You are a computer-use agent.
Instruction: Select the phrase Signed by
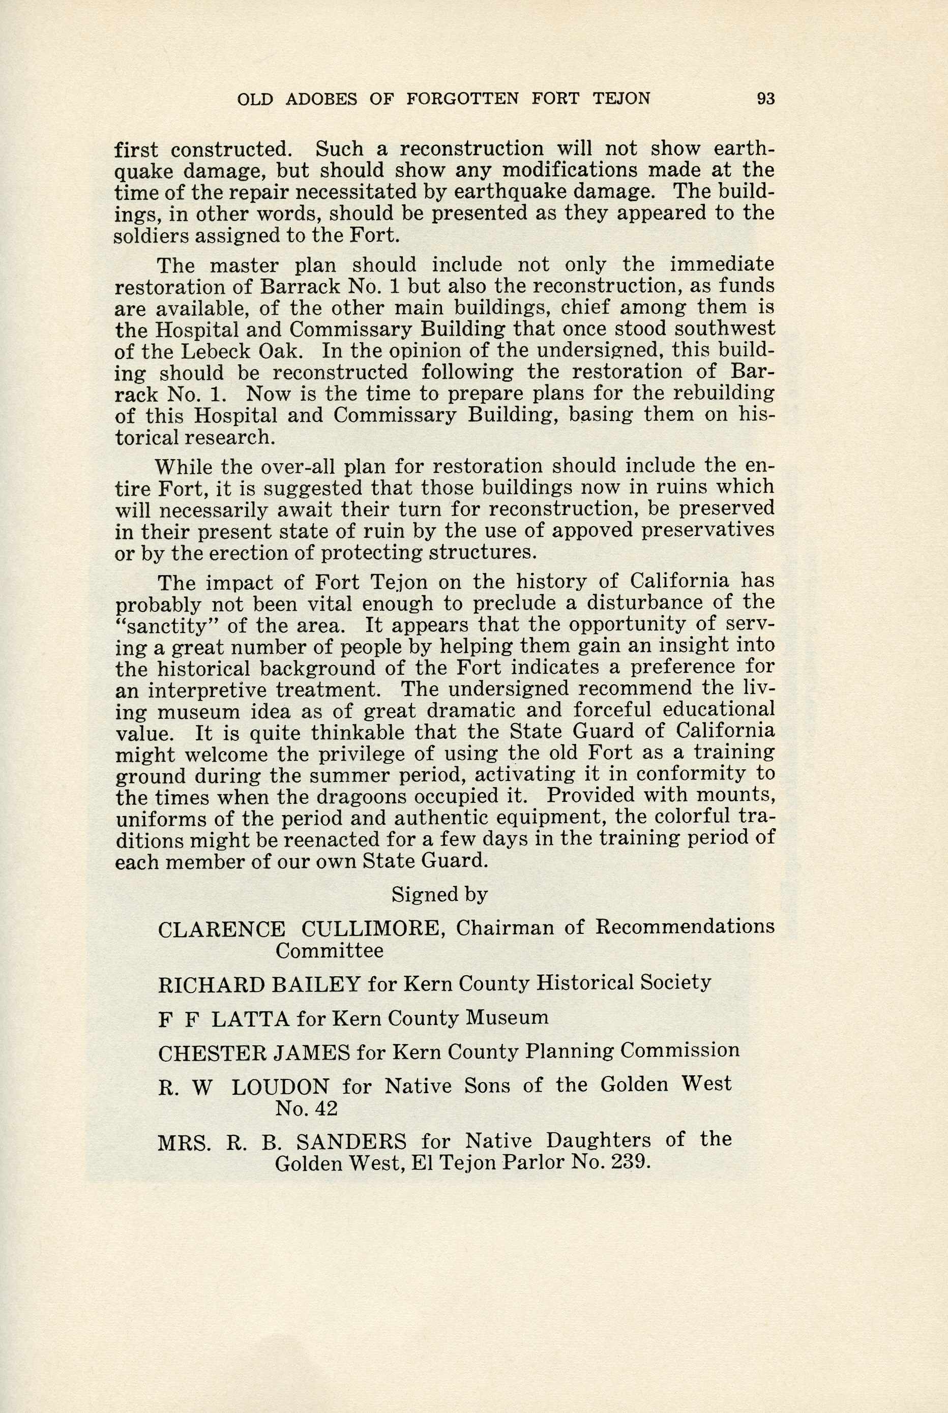point(439,894)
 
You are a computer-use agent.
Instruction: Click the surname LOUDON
point(281,1087)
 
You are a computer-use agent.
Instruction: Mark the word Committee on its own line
point(329,951)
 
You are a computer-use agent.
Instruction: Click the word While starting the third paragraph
point(183,467)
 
